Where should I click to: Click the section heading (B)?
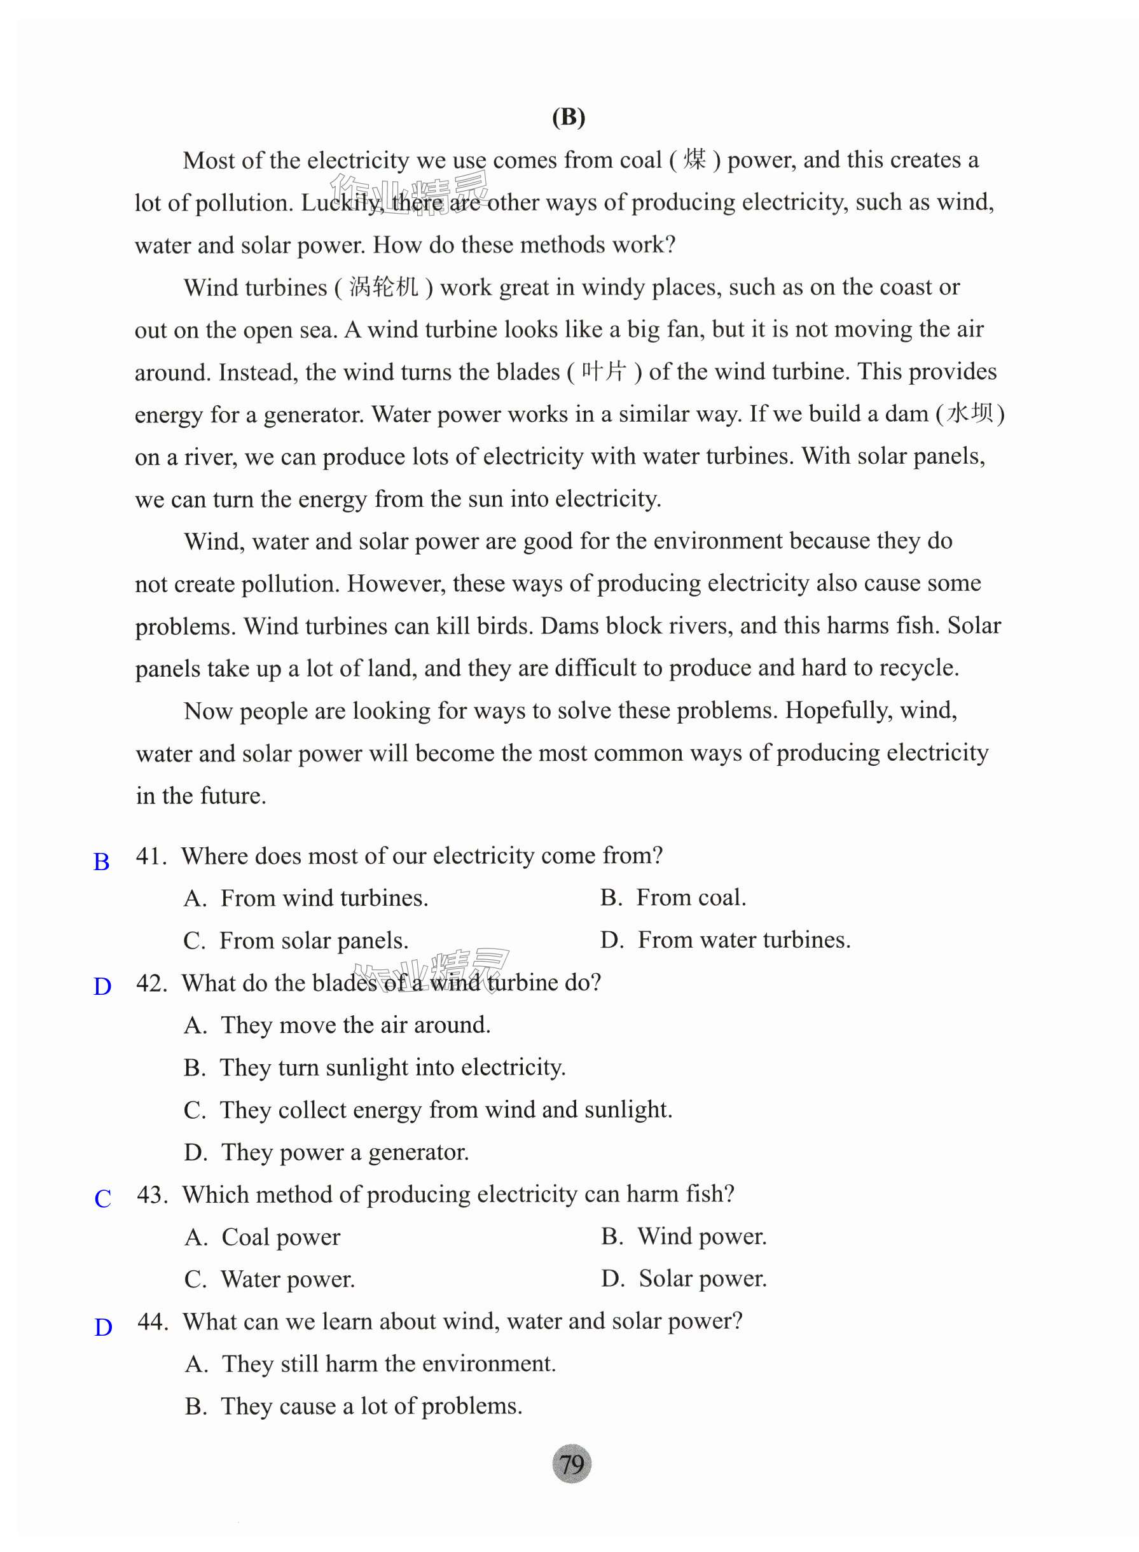[x=568, y=117]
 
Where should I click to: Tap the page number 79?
[x=572, y=1463]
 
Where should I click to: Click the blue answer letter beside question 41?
[x=101, y=862]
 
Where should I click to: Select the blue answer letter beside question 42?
[x=102, y=987]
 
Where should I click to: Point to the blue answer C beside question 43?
[x=103, y=1198]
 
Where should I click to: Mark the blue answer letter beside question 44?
[x=104, y=1327]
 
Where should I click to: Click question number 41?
[x=151, y=856]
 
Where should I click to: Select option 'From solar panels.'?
[x=314, y=941]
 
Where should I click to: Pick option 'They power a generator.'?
[x=345, y=1152]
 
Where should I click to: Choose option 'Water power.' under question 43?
[x=287, y=1280]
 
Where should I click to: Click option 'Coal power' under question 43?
[x=280, y=1238]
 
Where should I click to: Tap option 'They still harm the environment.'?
[x=388, y=1364]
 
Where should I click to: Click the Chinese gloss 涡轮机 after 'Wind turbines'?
[x=384, y=287]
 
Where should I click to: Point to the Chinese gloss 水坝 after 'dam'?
[x=970, y=413]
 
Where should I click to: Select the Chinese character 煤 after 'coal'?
[x=694, y=160]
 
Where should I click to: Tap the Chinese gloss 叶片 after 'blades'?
[x=604, y=371]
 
